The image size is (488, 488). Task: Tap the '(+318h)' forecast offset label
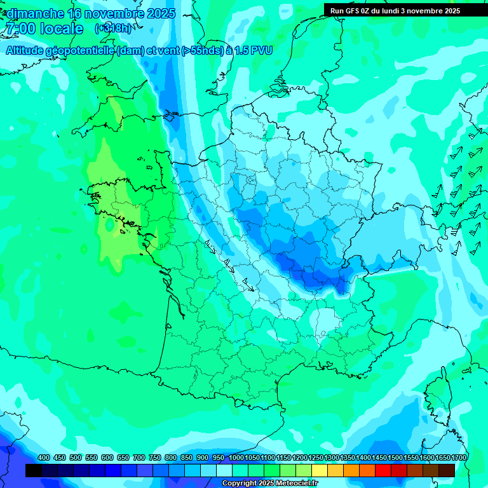coord(114,29)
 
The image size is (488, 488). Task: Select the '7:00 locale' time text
coord(44,29)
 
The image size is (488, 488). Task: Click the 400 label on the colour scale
coord(44,457)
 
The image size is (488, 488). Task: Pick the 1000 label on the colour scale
coord(236,457)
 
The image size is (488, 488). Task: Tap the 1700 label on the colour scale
coord(459,457)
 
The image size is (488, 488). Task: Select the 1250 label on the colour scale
coord(316,457)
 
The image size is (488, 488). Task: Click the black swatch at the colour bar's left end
coord(34,470)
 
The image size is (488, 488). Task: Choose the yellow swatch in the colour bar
coord(320,470)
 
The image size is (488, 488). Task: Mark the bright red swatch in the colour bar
coord(383,470)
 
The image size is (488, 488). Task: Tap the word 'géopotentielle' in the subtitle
coord(81,50)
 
